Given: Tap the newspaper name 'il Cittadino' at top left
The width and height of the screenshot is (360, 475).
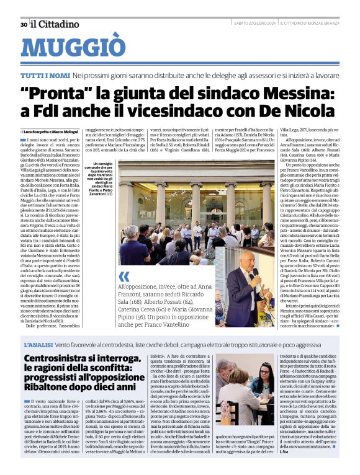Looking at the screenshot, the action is tap(55, 24).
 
